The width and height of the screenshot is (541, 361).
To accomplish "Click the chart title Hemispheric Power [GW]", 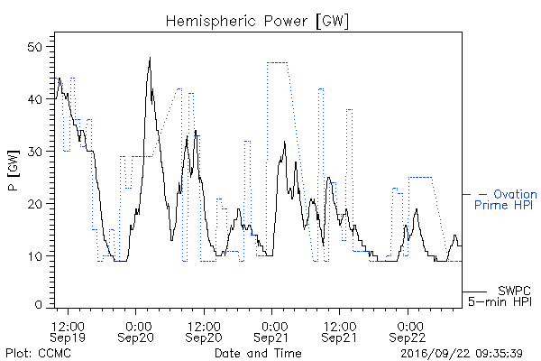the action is tap(257, 22).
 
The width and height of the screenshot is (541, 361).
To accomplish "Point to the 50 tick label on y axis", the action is tap(35, 47).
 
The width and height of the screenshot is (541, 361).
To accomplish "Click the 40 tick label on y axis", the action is tap(35, 99).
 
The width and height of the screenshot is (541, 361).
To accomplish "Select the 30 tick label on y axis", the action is tap(35, 152).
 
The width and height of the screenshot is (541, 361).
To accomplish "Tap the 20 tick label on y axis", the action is tap(35, 204).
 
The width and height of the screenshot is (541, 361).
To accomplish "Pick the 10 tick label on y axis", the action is tap(35, 256).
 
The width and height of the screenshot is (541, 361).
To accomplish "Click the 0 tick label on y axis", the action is tap(39, 305).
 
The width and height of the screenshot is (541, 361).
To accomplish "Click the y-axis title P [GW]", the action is tap(14, 171).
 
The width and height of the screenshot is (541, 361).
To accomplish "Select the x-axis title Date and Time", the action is tap(258, 354).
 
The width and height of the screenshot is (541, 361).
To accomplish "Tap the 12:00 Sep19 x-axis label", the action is tap(68, 332).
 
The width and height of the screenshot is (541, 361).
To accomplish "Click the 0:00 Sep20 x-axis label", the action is tap(135, 332).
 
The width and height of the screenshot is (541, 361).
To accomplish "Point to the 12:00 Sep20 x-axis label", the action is tap(204, 332).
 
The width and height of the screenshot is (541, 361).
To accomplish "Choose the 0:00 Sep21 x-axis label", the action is tap(271, 332).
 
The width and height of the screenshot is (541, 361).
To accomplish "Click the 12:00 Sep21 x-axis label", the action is tap(339, 332).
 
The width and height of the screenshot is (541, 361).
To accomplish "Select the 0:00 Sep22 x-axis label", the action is tap(408, 332).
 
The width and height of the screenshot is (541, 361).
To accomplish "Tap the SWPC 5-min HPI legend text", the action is tap(500, 296).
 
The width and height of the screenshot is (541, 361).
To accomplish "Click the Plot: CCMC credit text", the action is tap(38, 354).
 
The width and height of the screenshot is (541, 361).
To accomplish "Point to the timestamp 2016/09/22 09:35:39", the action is tap(462, 354).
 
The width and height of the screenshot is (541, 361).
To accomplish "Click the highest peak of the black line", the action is tap(150, 58).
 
